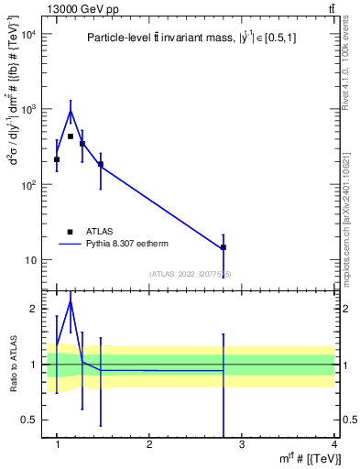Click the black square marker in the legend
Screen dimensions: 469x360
pyautogui.click(x=69, y=232)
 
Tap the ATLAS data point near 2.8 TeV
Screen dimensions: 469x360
pyautogui.click(x=224, y=247)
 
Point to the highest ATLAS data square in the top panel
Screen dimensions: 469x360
pyautogui.click(x=71, y=136)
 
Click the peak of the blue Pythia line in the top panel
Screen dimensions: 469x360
pyautogui.click(x=71, y=111)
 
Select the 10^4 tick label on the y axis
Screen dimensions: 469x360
pyautogui.click(x=27, y=35)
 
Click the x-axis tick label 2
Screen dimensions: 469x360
pyautogui.click(x=149, y=444)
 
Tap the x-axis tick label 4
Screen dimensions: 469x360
pyautogui.click(x=333, y=444)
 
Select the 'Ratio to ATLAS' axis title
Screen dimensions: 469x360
pyautogui.click(x=13, y=364)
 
